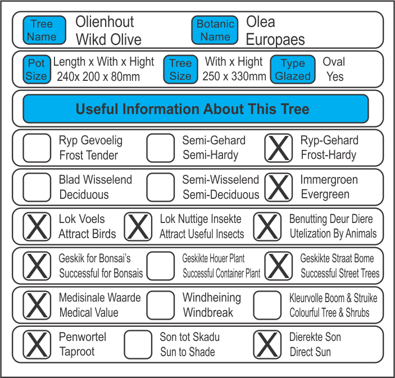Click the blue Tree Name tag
[42, 30]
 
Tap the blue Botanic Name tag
[215, 30]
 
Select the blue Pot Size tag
[37, 70]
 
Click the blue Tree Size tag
[180, 70]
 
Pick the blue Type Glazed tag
[292, 70]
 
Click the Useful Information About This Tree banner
[196, 108]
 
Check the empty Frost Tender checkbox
[37, 148]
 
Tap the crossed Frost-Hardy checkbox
[279, 148]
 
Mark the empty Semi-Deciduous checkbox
[161, 187]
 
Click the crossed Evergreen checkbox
[279, 187]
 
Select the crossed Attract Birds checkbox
[37, 226]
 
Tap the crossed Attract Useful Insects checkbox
[138, 226]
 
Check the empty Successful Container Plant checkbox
[161, 266]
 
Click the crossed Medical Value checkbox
[37, 305]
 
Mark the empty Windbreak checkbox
[161, 305]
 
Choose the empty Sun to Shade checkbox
[138, 344]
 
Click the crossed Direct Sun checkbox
[267, 344]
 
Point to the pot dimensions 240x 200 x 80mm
[98, 76]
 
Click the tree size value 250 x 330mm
[235, 76]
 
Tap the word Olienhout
[105, 22]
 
